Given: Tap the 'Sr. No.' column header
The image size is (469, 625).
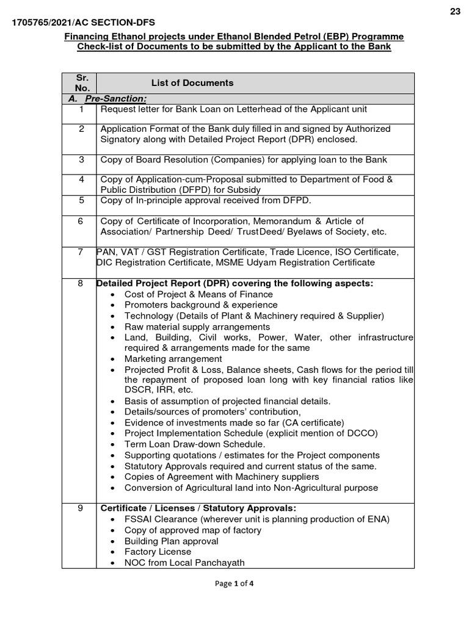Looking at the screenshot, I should (82, 83).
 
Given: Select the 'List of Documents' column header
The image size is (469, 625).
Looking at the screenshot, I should (192, 83).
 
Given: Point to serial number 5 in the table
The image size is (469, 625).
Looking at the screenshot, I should (81, 200).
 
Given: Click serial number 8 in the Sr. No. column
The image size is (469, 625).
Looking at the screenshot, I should (81, 283).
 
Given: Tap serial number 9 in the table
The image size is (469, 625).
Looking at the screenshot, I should (81, 508).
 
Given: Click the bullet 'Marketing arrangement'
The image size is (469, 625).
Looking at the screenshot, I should (173, 359).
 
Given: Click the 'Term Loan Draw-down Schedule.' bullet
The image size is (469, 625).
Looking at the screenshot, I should (195, 444).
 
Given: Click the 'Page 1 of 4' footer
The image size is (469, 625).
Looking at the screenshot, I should (234, 583).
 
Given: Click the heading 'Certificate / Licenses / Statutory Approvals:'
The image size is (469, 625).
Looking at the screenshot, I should (198, 508).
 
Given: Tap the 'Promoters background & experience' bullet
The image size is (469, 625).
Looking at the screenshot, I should (201, 305).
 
